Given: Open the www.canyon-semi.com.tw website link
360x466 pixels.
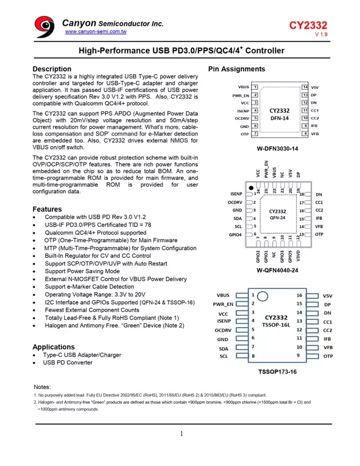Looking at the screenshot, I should (96, 32).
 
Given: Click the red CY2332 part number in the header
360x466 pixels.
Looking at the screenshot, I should (308, 25).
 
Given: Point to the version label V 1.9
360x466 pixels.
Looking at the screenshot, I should (321, 35).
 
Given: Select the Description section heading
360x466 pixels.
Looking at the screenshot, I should (52, 69).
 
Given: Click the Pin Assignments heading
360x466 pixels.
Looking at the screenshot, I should (236, 69).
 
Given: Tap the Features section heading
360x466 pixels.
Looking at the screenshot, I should (47, 209).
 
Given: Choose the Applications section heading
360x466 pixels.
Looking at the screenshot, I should (53, 347).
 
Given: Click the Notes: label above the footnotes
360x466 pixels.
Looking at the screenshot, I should (42, 387).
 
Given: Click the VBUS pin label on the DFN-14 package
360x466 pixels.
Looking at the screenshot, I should (243, 87).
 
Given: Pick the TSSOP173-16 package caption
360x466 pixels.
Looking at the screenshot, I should (277, 372).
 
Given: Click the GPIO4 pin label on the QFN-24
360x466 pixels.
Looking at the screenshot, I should (236, 234).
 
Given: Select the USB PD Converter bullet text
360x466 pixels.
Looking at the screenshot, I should (68, 363).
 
